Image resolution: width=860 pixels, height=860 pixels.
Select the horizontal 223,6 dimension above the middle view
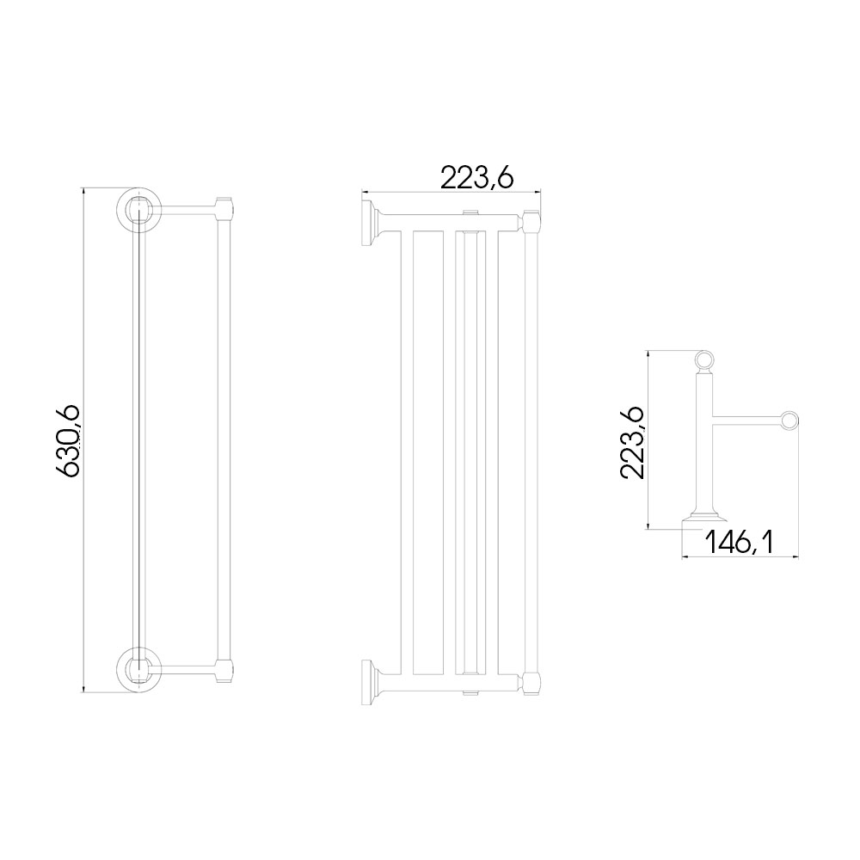[x=476, y=178]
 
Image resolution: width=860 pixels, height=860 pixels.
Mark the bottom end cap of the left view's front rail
[x=225, y=667]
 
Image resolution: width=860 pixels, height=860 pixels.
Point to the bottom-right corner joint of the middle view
[x=530, y=682]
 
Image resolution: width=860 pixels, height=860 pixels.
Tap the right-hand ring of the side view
[x=789, y=421]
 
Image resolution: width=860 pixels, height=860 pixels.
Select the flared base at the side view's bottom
[x=703, y=518]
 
